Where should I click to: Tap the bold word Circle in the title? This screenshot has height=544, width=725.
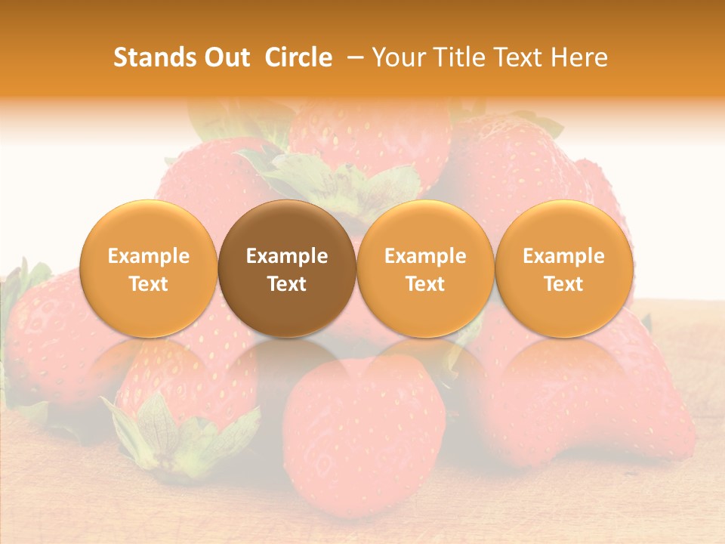[298, 57]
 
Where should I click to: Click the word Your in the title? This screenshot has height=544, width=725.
[395, 57]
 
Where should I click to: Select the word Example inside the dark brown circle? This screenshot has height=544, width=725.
[287, 256]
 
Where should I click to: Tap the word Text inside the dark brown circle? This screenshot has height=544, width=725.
[287, 284]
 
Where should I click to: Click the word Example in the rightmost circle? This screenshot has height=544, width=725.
[563, 256]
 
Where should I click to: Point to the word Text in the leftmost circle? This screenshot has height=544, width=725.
[148, 284]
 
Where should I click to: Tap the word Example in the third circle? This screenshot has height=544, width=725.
[425, 256]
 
